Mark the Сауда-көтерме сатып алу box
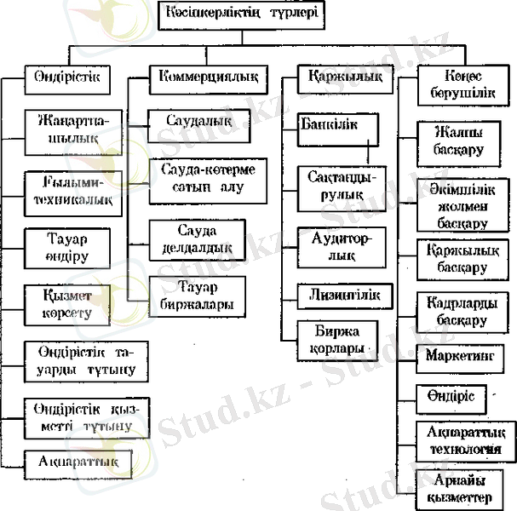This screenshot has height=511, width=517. pyautogui.click(x=207, y=176)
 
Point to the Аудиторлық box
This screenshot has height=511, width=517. pyautogui.click(x=340, y=245)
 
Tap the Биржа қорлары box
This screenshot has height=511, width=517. pyautogui.click(x=337, y=338)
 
